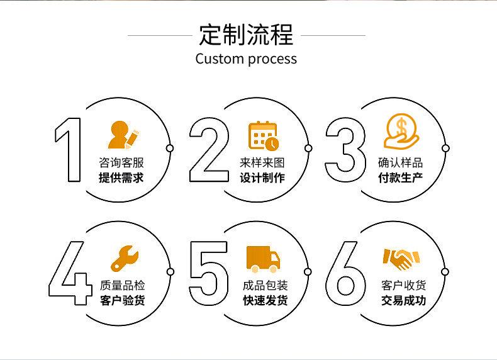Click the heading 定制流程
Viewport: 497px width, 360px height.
[x=246, y=34]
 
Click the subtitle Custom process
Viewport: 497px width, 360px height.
[x=246, y=59]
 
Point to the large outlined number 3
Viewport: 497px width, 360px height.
[x=345, y=149]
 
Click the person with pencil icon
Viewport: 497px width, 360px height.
[x=123, y=134]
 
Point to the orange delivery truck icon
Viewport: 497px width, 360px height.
[x=262, y=259]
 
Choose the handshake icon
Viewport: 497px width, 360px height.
[x=401, y=259]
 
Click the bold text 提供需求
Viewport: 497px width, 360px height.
[x=121, y=178]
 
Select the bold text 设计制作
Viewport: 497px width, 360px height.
[x=262, y=178]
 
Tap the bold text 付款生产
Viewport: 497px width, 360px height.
[x=400, y=178]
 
